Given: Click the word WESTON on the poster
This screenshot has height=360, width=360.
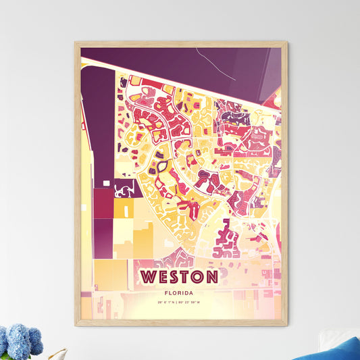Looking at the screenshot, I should click(180, 277).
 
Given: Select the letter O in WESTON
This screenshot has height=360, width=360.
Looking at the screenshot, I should click(199, 277).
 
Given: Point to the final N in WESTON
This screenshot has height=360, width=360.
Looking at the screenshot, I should click(212, 277).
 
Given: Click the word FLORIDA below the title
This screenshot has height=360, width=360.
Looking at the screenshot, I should click(180, 293).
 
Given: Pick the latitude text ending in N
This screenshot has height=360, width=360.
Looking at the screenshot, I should click(165, 302).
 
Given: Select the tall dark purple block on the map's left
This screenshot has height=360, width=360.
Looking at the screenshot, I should click(97, 122).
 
